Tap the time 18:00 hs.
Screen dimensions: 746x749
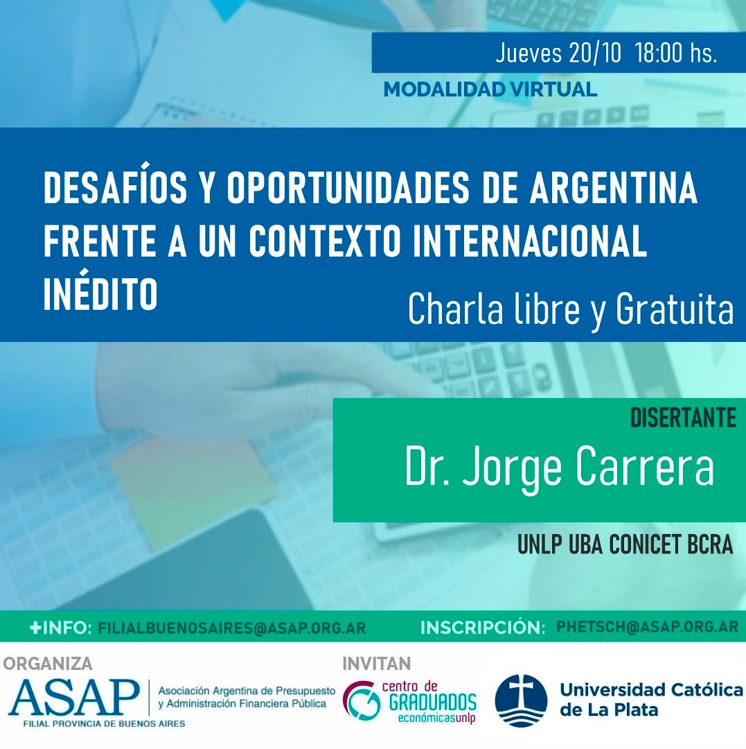click(x=676, y=53)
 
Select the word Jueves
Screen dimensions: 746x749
click(x=529, y=53)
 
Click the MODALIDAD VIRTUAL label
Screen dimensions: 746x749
click(x=490, y=89)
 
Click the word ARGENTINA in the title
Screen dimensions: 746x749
click(x=614, y=187)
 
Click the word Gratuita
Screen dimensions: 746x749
click(x=675, y=309)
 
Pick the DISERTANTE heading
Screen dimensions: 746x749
click(x=684, y=418)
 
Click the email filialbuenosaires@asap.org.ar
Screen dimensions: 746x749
click(x=232, y=628)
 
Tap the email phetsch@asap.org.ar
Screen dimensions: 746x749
click(x=647, y=627)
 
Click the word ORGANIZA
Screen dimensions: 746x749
click(x=48, y=664)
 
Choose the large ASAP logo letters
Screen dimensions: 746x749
click(x=74, y=698)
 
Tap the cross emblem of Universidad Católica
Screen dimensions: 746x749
click(x=521, y=700)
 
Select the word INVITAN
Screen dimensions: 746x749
click(x=376, y=664)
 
